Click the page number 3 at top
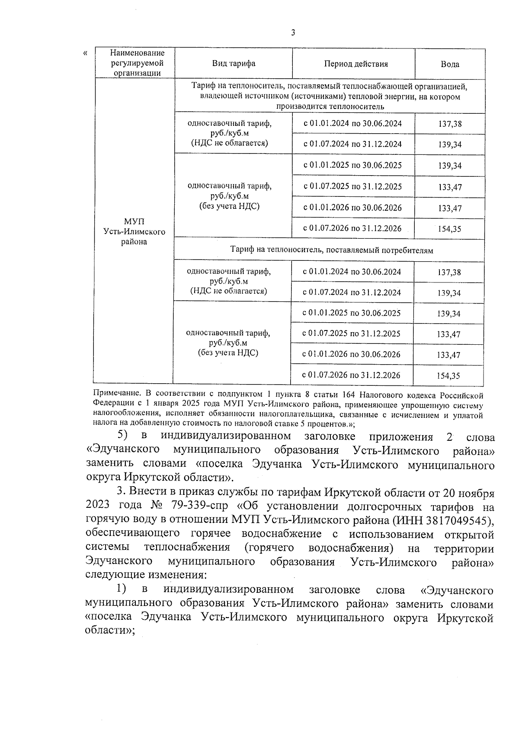293,32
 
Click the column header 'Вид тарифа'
234,64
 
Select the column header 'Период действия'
356,64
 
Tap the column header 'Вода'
450,64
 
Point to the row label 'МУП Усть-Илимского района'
135,232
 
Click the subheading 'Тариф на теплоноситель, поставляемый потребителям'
331,250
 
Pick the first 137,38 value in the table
450,124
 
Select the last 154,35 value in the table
449,376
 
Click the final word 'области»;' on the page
110,631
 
